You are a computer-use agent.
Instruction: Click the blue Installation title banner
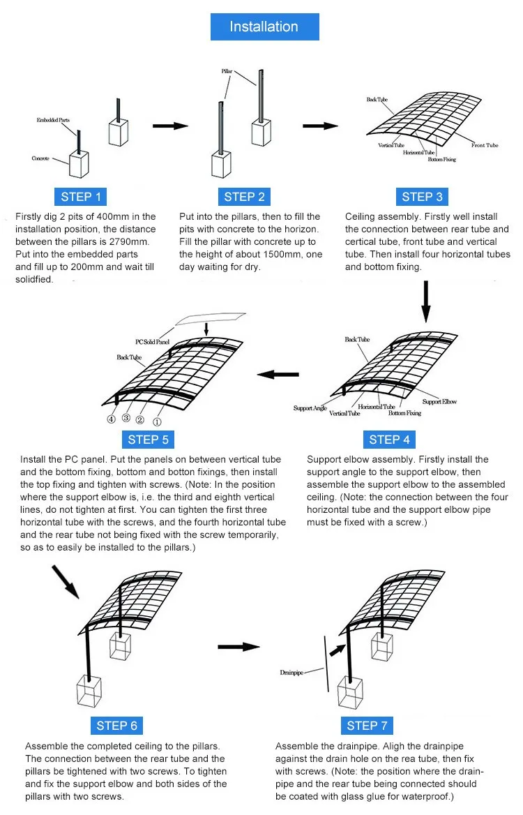(264, 27)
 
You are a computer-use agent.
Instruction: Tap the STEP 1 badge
(81, 196)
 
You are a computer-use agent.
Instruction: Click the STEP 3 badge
(422, 196)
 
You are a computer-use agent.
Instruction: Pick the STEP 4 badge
(389, 440)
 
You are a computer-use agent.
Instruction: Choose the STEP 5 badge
(148, 440)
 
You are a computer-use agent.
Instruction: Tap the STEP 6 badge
(117, 726)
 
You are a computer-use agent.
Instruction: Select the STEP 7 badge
(367, 726)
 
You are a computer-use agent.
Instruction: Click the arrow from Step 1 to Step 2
(171, 126)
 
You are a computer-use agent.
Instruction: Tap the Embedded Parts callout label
(53, 120)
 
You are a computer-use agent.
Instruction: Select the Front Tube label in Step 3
(485, 145)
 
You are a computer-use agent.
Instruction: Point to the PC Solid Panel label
(153, 342)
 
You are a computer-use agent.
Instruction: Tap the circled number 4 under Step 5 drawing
(111, 419)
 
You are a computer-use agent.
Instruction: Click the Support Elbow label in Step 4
(439, 402)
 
